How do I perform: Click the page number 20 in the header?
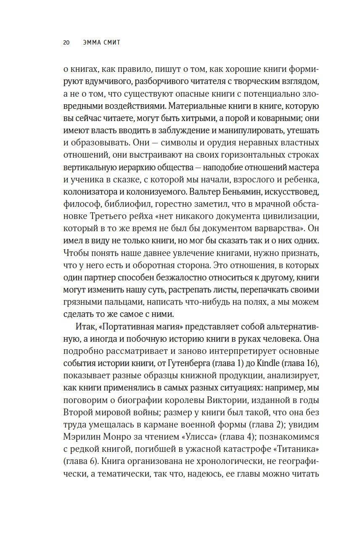[x=66, y=42]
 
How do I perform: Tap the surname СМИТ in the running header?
[x=111, y=42]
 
